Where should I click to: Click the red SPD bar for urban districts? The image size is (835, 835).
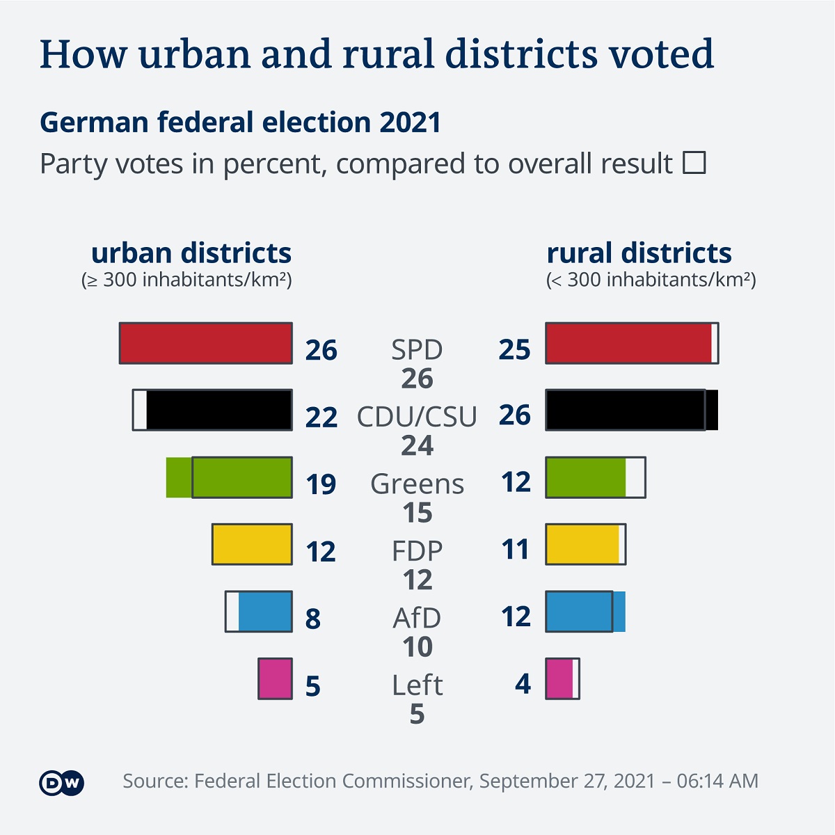click(x=206, y=343)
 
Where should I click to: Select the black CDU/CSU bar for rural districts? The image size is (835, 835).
click(x=626, y=410)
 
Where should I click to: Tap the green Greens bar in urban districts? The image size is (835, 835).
click(x=230, y=477)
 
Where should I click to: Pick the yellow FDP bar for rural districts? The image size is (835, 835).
click(x=582, y=544)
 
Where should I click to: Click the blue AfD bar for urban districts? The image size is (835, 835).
click(x=264, y=612)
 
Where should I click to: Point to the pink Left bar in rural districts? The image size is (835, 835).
click(x=559, y=678)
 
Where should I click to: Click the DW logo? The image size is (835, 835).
click(x=61, y=783)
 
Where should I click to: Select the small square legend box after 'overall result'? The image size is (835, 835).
click(x=694, y=164)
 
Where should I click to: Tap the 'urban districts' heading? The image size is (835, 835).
click(x=191, y=253)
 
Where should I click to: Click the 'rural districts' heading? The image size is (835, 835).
click(x=639, y=253)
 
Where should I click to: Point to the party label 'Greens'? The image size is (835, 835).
click(x=417, y=484)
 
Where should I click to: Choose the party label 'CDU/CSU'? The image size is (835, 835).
click(x=417, y=417)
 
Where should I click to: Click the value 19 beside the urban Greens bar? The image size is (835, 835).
click(x=321, y=484)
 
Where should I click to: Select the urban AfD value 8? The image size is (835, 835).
click(x=313, y=619)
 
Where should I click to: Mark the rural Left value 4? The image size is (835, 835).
click(x=523, y=684)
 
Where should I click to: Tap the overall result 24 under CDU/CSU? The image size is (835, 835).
click(x=417, y=445)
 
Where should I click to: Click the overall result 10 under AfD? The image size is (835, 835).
click(x=417, y=647)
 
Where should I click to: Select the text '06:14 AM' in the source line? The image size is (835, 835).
click(x=717, y=781)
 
